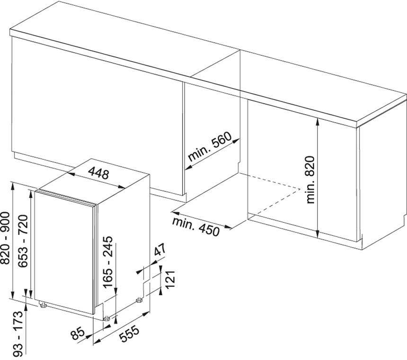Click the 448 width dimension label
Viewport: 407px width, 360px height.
click(98, 173)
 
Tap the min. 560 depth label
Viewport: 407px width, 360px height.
click(210, 147)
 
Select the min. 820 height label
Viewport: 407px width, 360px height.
click(310, 180)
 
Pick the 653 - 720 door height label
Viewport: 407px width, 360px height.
click(22, 241)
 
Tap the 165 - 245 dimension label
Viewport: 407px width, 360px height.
click(108, 262)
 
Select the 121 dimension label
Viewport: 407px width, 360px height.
click(170, 279)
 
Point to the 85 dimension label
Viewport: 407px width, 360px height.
click(78, 333)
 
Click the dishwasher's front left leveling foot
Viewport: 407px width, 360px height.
click(42, 304)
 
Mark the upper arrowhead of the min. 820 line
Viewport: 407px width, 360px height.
click(318, 121)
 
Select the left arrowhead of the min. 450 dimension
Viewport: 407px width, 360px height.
click(176, 214)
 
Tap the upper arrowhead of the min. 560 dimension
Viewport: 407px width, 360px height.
click(236, 141)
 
